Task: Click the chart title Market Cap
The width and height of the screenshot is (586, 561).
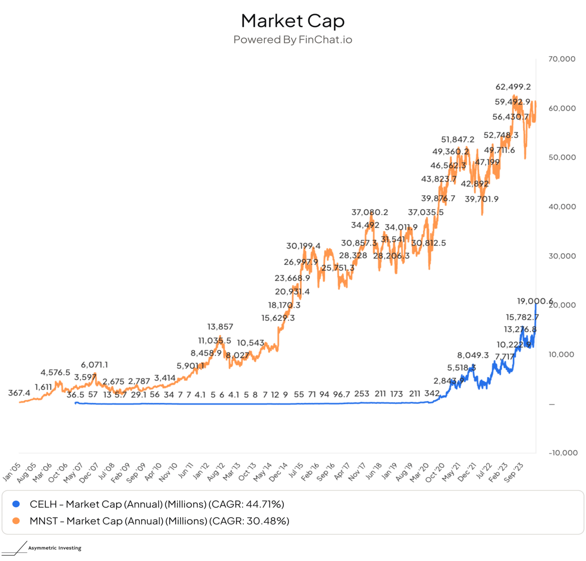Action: [x=293, y=21]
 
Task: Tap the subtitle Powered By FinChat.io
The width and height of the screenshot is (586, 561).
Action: [x=293, y=40]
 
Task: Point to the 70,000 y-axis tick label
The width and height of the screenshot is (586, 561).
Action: [x=562, y=59]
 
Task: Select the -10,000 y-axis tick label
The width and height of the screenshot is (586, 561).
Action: [x=563, y=453]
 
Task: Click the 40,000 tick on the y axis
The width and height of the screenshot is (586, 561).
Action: [x=562, y=207]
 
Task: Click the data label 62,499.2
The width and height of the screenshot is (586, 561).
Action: [x=513, y=87]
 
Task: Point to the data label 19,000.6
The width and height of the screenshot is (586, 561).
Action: [x=535, y=301]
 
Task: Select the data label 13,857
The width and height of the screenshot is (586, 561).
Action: [x=220, y=327]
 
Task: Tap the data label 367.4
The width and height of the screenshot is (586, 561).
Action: [x=19, y=393]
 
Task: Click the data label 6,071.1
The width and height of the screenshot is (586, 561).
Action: [x=94, y=365]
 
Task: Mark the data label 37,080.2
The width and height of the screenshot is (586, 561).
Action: [x=370, y=212]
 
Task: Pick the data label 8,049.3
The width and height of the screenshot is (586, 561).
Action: [x=473, y=355]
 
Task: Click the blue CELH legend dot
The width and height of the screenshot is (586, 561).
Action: [x=16, y=504]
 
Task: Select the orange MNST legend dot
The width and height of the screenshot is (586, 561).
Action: [x=16, y=521]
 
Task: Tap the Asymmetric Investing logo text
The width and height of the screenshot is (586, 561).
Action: [x=54, y=548]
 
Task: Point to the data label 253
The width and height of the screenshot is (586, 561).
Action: [x=361, y=394]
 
